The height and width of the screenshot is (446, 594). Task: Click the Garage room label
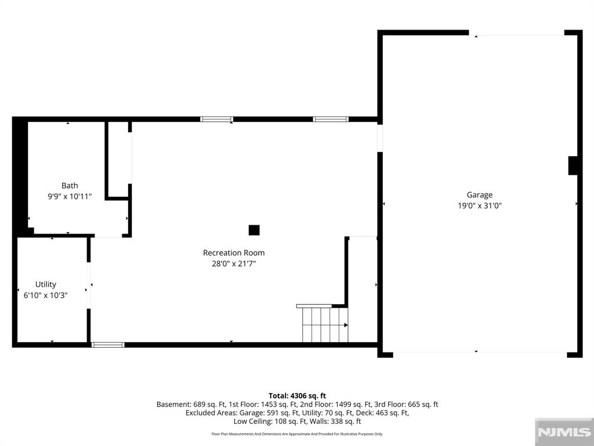coord(479,195)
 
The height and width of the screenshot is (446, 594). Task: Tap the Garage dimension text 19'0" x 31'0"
coord(479,206)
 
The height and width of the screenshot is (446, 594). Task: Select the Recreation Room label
coord(234,253)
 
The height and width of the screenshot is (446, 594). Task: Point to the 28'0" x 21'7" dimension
coord(234,263)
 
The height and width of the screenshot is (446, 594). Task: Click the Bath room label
coord(70,185)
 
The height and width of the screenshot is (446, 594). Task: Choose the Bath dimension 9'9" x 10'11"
coord(70,196)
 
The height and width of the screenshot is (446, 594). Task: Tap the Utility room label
coord(45,285)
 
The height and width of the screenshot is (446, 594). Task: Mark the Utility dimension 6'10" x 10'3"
coord(45,295)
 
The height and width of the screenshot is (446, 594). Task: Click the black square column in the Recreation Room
coord(254,230)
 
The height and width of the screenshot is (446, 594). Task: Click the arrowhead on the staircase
coord(346,325)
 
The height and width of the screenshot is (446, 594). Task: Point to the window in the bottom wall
coord(108,345)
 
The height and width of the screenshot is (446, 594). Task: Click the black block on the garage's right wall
coord(573,166)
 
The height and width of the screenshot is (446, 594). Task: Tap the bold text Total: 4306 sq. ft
coord(297,396)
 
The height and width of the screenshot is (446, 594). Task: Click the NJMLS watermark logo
coord(564,432)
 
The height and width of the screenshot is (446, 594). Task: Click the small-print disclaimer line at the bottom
coord(297,434)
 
